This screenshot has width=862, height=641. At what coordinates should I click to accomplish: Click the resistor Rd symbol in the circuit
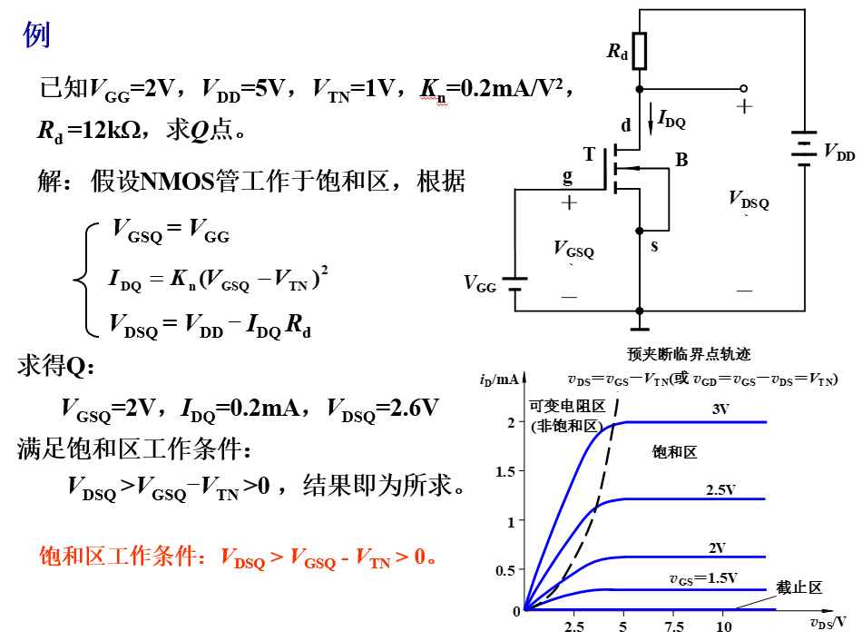tap(639, 51)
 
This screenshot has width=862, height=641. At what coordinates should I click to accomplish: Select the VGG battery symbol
tap(514, 284)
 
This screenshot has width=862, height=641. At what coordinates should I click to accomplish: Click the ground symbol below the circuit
tap(640, 329)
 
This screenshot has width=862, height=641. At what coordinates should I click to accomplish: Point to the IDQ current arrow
tap(651, 118)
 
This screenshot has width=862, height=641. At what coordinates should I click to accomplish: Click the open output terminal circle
tap(743, 89)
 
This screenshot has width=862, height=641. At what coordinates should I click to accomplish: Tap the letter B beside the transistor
tap(681, 160)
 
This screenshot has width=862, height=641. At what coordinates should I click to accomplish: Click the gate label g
tap(567, 176)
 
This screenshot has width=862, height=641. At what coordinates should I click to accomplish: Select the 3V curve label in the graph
tap(720, 409)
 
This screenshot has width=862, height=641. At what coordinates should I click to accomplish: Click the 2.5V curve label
tap(720, 489)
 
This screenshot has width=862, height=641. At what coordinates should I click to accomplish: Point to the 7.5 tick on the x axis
tap(674, 626)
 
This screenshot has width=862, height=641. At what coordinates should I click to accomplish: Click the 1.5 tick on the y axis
tap(505, 471)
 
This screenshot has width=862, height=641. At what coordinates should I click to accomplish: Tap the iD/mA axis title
tap(499, 380)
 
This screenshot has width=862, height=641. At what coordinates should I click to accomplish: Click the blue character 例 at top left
tap(36, 35)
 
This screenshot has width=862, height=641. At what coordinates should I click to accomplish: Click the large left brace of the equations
tap(86, 279)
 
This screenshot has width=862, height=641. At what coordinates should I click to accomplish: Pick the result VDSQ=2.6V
tap(383, 409)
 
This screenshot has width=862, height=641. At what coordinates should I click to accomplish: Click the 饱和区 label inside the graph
tap(674, 452)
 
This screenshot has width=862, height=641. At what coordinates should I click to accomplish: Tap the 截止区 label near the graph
tap(798, 587)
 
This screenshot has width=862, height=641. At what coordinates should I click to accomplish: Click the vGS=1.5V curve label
tap(703, 579)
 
